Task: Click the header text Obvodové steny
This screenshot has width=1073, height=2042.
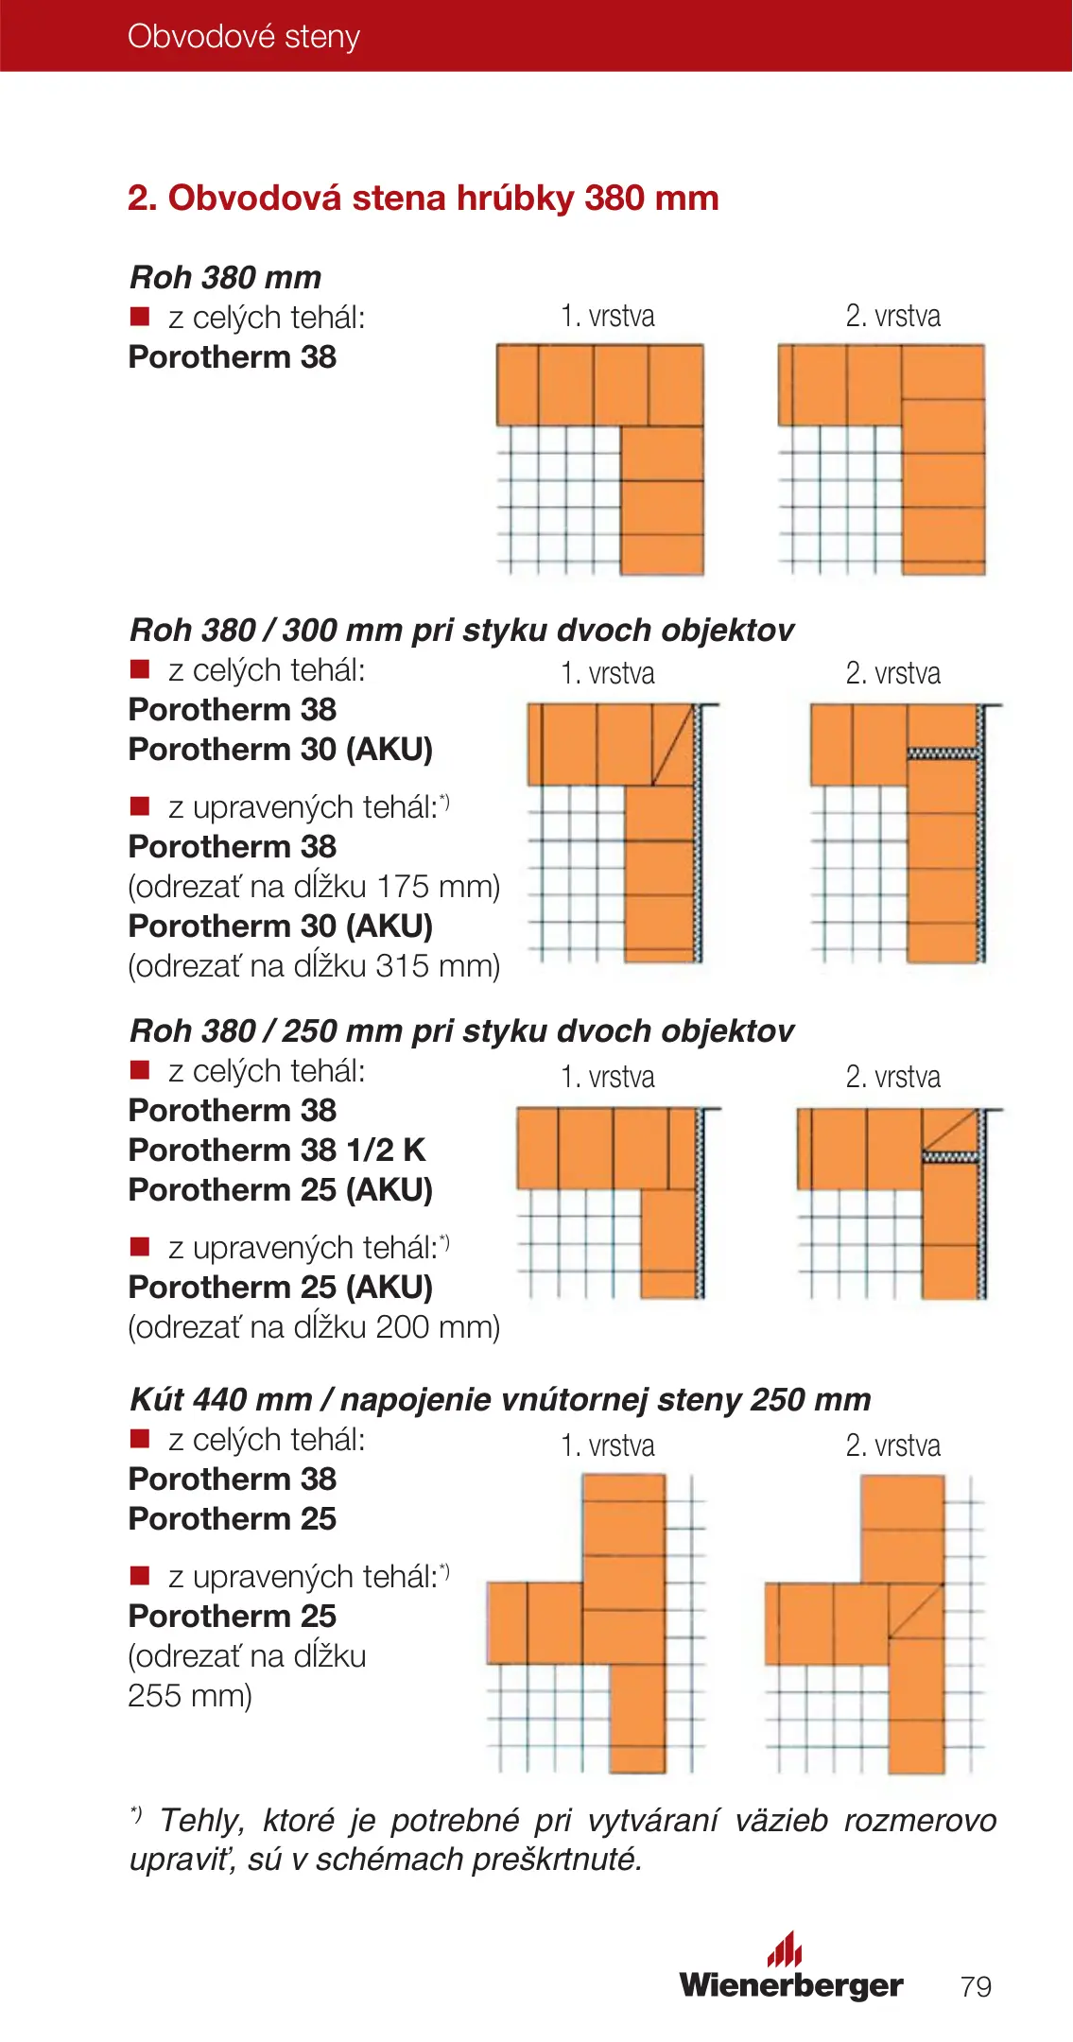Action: pyautogui.click(x=243, y=37)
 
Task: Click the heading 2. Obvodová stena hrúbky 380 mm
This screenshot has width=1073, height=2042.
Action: pyautogui.click(x=423, y=199)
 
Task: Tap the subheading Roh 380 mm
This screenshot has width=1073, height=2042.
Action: pyautogui.click(x=225, y=278)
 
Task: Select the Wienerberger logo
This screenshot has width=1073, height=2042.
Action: pyautogui.click(x=790, y=1971)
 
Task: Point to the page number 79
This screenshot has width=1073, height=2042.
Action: pyautogui.click(x=976, y=1986)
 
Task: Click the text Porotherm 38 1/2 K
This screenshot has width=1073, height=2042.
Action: pyautogui.click(x=276, y=1151)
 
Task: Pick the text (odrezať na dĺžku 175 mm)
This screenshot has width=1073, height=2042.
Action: pyautogui.click(x=314, y=887)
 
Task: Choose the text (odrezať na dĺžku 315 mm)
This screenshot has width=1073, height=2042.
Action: pyautogui.click(x=314, y=966)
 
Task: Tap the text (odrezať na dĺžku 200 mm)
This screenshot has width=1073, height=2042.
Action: pyautogui.click(x=314, y=1327)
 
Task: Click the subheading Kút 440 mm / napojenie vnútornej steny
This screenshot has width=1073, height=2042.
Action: pyautogui.click(x=499, y=1400)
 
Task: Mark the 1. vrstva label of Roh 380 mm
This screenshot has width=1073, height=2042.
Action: pyautogui.click(x=607, y=316)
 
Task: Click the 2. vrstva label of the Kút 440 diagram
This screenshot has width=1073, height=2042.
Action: pyautogui.click(x=892, y=1446)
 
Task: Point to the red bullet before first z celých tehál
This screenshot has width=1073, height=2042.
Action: pyautogui.click(x=140, y=317)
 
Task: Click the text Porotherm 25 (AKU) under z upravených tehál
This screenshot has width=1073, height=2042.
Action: pyautogui.click(x=280, y=1288)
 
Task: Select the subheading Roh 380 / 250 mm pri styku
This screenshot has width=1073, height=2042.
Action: pyautogui.click(x=461, y=1031)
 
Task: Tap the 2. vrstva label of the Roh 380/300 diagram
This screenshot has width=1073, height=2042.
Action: pyautogui.click(x=892, y=674)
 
